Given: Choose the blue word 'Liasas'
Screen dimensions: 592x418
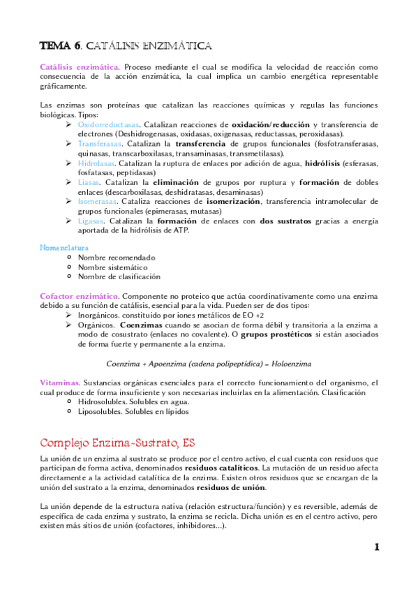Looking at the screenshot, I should tap(89, 182).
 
